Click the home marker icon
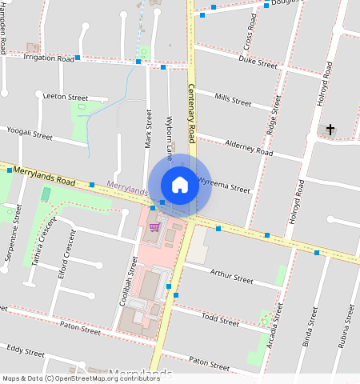(x=180, y=185)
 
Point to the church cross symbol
(x=330, y=129)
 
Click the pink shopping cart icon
(x=154, y=227)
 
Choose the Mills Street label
(x=233, y=100)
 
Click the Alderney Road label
(x=249, y=148)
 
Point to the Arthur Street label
(x=231, y=277)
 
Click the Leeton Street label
(x=65, y=97)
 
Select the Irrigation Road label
(x=48, y=58)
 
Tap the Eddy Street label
(x=26, y=351)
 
